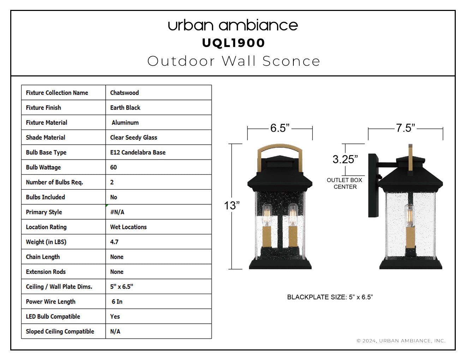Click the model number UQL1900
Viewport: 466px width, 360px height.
coord(233,43)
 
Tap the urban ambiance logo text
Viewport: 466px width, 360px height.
coord(233,25)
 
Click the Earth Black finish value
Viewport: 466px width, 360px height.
coord(125,108)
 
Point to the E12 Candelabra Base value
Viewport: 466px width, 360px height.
coord(138,152)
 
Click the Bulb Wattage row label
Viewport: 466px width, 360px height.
coord(43,167)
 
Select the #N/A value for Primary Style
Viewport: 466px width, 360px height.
coord(117,212)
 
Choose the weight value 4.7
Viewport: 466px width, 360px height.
coord(114,242)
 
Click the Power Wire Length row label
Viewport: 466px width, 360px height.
coord(50,301)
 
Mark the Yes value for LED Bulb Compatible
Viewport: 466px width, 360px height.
coord(115,317)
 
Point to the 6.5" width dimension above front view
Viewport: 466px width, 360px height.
coord(280,128)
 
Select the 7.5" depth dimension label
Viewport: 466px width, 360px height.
coord(405,128)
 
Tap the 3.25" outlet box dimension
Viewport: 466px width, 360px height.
coord(345,159)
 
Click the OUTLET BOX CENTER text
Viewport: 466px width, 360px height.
coord(345,183)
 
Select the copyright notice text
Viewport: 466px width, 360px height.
coord(401,341)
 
